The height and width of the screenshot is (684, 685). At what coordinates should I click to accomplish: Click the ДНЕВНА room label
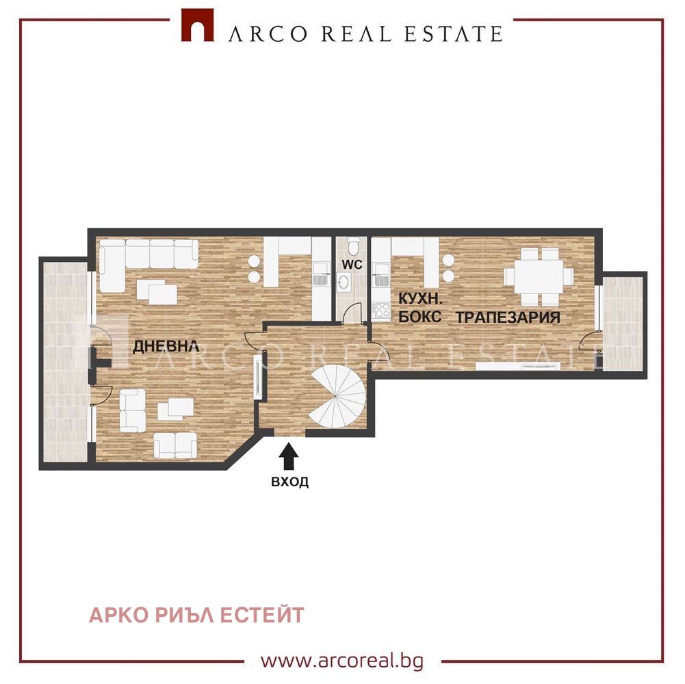pos(166,346)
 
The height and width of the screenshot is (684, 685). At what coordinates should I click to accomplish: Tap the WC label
pos(352,263)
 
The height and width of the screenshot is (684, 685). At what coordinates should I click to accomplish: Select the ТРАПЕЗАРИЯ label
pos(508,317)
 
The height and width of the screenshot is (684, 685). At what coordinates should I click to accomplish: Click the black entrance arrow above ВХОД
pos(289,455)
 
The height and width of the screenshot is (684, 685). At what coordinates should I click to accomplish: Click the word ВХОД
pos(289,482)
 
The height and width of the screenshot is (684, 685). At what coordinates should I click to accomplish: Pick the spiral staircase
pos(337,399)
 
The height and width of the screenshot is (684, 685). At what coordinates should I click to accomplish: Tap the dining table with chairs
pos(539,276)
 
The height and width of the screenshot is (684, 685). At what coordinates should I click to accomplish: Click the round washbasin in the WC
pos(344,280)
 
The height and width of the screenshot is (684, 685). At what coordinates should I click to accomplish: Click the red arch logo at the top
pos(197,25)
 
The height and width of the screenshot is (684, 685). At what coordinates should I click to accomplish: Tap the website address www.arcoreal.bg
pos(342,661)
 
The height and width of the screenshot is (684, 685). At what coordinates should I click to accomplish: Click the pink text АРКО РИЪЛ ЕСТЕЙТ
pos(196,615)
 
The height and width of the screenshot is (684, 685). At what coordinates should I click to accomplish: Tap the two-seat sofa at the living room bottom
pos(175,445)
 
